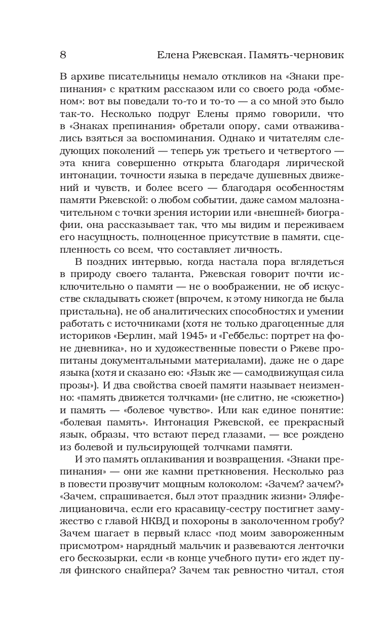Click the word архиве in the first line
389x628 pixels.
[x=89, y=78]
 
